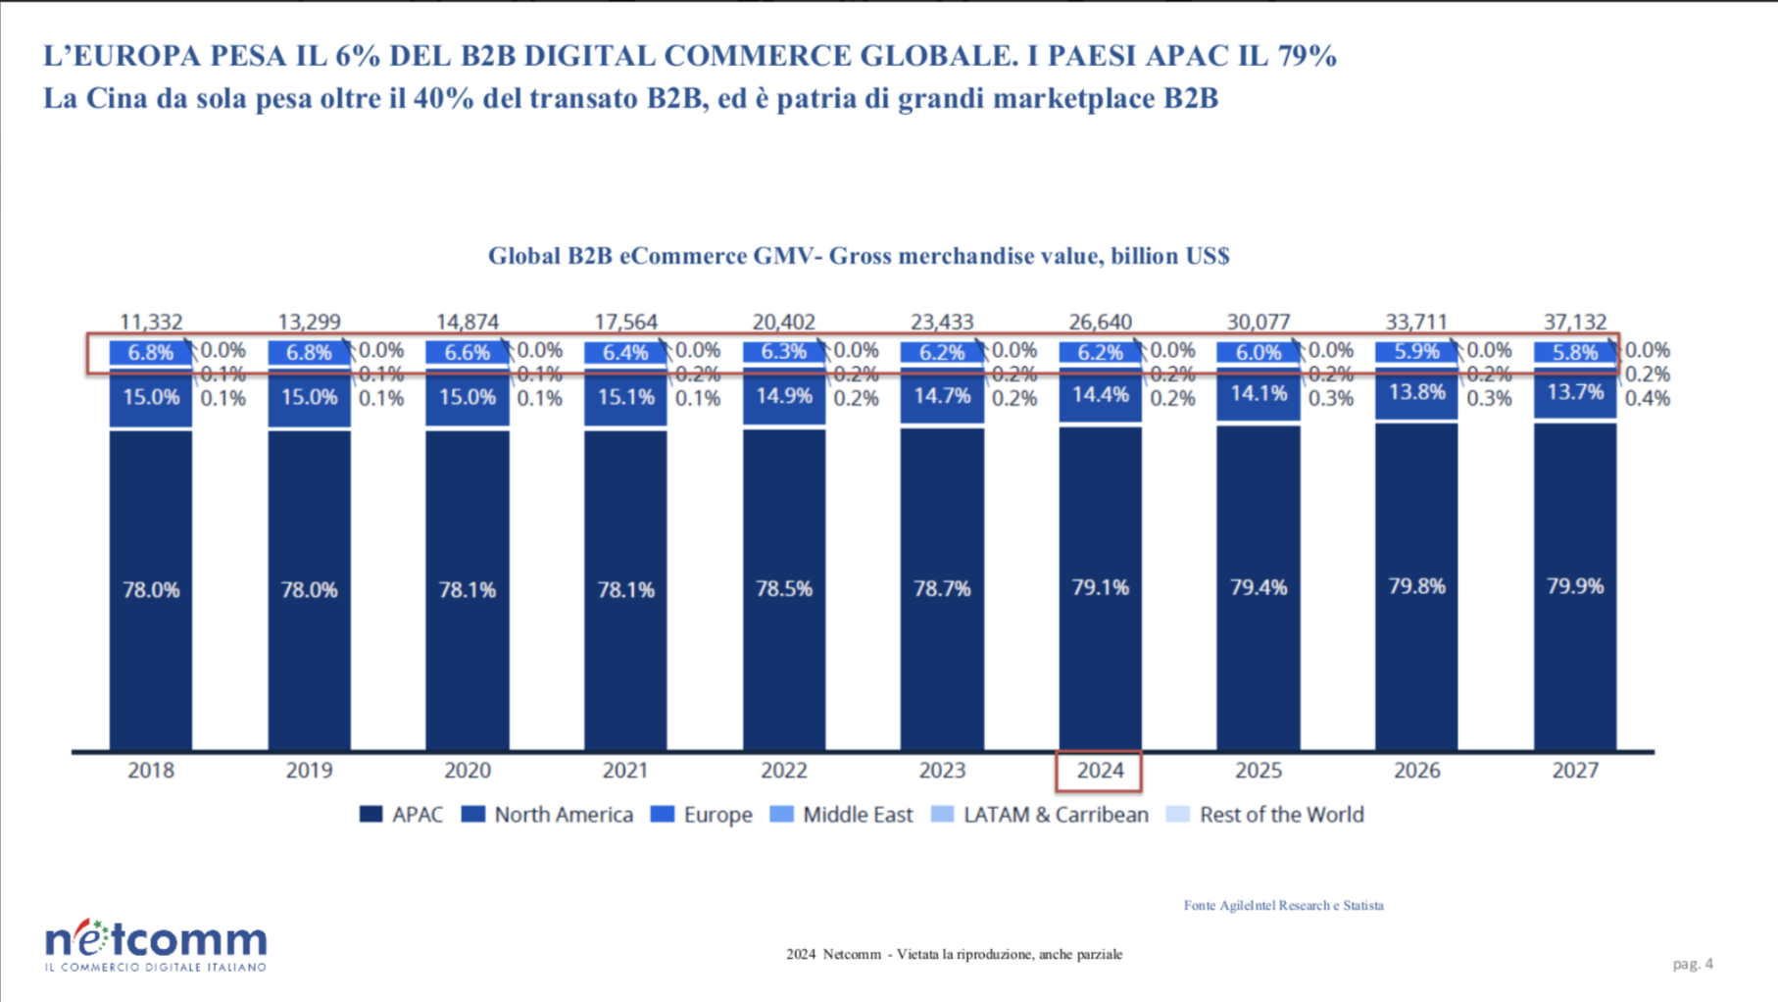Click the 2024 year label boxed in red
1100,771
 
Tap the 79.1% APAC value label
1100,587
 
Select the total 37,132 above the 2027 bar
1574,322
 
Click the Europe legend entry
702,815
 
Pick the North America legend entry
548,815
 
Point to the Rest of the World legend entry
1265,815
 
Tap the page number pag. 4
1693,964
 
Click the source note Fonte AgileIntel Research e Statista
1283,905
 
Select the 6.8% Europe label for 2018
151,353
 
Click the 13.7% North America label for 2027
1574,392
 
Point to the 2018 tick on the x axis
151,771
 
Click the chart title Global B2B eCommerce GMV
859,256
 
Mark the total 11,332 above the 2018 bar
151,322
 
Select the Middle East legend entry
842,815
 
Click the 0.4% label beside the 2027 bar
1647,398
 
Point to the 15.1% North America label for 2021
625,397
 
